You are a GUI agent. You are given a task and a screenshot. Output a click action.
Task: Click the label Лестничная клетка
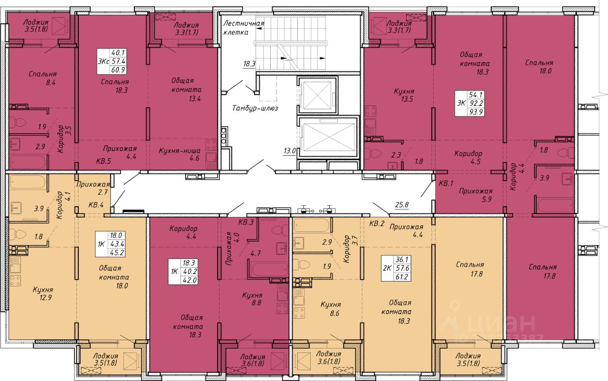244,28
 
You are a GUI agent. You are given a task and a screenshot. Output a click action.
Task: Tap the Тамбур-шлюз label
255,108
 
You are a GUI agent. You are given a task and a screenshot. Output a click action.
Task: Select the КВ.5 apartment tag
104,161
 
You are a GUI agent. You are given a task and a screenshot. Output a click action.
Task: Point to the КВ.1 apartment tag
446,183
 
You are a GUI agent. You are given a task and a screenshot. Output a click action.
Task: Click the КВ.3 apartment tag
246,222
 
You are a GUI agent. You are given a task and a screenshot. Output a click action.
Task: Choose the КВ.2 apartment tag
377,224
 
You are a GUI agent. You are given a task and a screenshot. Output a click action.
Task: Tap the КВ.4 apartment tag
96,205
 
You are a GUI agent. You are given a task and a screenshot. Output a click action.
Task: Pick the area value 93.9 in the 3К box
476,112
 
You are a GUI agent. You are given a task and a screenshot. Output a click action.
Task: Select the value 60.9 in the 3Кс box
118,70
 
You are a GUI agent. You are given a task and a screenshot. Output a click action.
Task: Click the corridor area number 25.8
402,205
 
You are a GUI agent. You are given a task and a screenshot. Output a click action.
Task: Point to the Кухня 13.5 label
404,95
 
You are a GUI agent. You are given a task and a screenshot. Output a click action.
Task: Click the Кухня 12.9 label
43,294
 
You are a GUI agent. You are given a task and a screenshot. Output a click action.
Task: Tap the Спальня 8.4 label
43,78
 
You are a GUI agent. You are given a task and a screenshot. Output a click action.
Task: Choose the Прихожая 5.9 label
475,195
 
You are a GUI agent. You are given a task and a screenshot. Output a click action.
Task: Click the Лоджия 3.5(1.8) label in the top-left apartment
36,26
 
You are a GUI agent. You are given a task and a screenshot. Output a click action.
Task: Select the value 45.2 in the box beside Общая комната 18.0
117,253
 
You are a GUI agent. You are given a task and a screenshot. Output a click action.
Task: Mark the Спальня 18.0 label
539,67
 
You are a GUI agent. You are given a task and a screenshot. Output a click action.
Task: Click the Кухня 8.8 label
252,299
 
